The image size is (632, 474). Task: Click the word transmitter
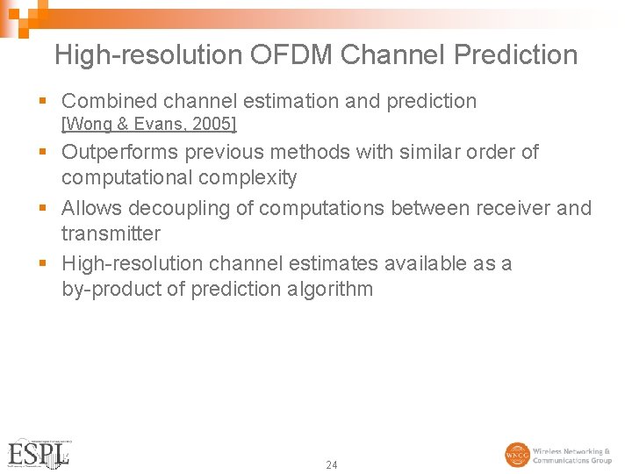(111, 233)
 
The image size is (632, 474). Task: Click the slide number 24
(331, 464)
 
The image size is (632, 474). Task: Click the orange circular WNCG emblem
(517, 455)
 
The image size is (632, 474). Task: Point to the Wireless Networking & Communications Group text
(572, 456)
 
